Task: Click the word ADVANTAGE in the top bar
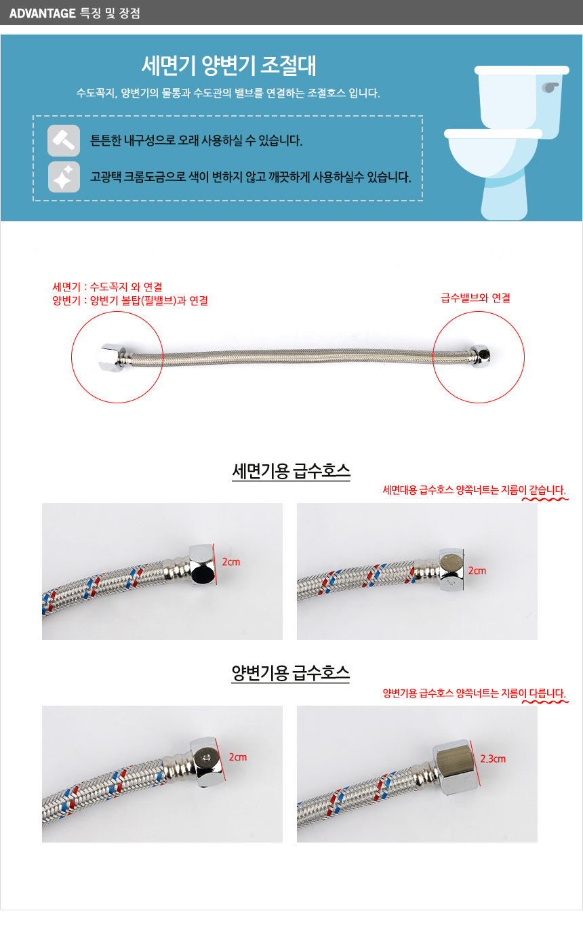(42, 13)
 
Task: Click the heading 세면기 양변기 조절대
(228, 65)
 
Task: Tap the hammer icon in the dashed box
(64, 140)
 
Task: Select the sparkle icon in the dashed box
(64, 177)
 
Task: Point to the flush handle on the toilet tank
(550, 87)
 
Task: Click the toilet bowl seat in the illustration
(493, 134)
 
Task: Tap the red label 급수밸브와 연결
(475, 298)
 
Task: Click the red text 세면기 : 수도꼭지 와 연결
(107, 287)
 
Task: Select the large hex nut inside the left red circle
(111, 357)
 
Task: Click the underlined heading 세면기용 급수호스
(291, 471)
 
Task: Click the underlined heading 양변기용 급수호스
(290, 673)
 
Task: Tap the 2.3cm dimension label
(493, 758)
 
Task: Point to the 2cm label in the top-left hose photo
(231, 562)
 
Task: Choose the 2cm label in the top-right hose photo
(477, 571)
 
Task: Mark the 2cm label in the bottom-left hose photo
(238, 757)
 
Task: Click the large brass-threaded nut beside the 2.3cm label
(454, 767)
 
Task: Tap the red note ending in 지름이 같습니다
(475, 490)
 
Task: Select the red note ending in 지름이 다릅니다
(475, 693)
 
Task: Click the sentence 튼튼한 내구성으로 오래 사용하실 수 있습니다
(196, 140)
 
